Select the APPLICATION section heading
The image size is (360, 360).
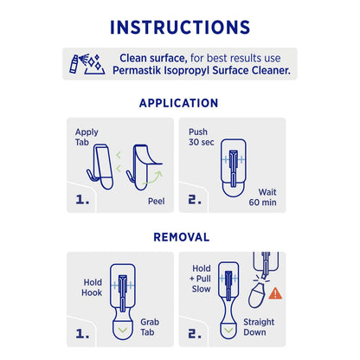coord(180,103)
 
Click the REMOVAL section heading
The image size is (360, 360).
coord(180,236)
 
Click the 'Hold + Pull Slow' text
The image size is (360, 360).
coord(202,280)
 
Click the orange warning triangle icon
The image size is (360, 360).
coord(275,293)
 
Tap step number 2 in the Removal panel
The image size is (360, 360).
coord(197,332)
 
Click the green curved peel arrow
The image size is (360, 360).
coord(157,177)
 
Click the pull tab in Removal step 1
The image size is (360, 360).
coord(125,328)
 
